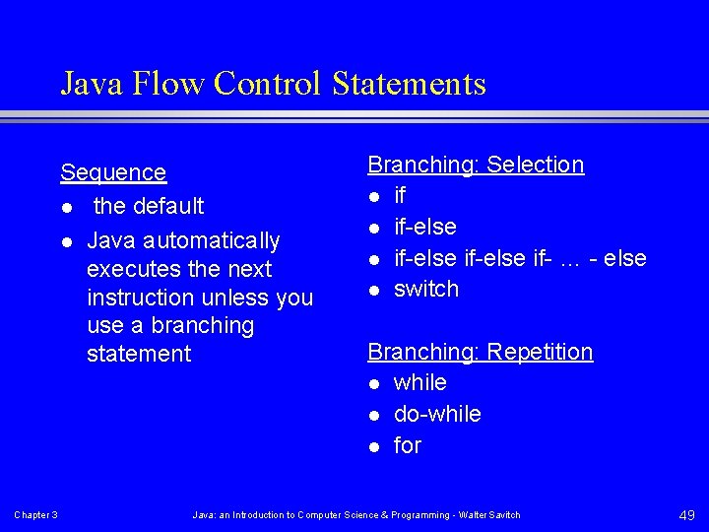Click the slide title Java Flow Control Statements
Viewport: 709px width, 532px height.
coord(273,83)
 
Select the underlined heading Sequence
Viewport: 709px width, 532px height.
coord(113,172)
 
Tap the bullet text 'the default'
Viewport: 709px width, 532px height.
coord(149,206)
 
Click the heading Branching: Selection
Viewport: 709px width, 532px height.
coord(476,165)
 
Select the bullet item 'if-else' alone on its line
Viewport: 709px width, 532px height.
coord(425,227)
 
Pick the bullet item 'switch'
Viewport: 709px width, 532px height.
coord(426,289)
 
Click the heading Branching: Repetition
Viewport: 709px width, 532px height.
coord(481,352)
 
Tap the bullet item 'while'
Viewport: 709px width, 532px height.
coord(420,382)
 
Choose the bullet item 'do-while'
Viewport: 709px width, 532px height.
coord(437,414)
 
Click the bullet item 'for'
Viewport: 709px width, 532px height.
coord(408,445)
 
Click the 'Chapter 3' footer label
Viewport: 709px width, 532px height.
coord(35,515)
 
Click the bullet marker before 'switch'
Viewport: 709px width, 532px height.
coord(374,290)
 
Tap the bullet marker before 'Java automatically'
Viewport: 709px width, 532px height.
coord(66,241)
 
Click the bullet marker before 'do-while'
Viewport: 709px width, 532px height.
coord(374,415)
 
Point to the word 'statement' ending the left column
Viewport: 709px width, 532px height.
coord(139,354)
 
